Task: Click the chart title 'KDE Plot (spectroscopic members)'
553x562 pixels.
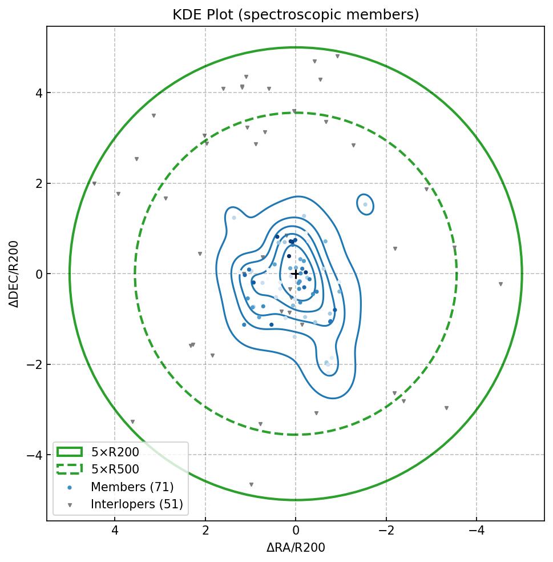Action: click(x=296, y=15)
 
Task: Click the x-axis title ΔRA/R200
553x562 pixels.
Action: click(x=296, y=548)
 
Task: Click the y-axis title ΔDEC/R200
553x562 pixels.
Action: click(x=14, y=274)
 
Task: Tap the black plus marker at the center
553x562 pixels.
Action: click(x=296, y=274)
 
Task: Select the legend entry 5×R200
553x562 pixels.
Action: click(x=115, y=452)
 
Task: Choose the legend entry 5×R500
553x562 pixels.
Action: click(x=115, y=469)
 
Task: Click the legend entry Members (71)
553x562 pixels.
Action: click(x=132, y=487)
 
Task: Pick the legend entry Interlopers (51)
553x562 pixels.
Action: click(x=136, y=504)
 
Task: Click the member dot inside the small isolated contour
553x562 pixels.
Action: click(x=365, y=204)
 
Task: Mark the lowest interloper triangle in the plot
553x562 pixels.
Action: click(x=251, y=485)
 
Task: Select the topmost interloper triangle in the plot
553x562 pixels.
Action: click(x=338, y=56)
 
